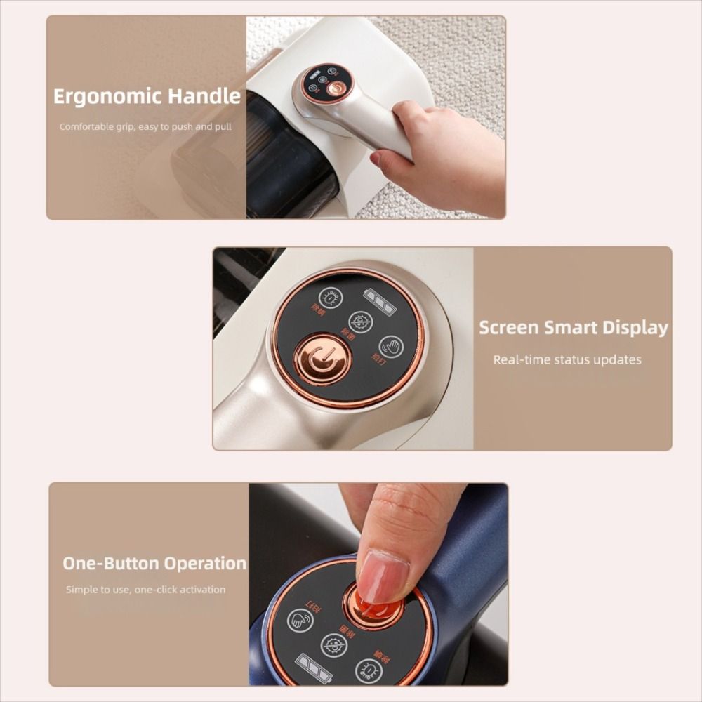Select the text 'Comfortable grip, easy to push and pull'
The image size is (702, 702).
tap(145, 127)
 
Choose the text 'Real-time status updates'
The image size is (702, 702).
tap(567, 359)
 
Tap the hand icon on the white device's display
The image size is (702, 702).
tap(391, 347)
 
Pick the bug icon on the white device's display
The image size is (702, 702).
tap(330, 297)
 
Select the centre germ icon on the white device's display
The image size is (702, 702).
tap(361, 322)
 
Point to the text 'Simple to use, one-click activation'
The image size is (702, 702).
tap(146, 590)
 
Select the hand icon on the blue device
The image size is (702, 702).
tap(300, 619)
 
